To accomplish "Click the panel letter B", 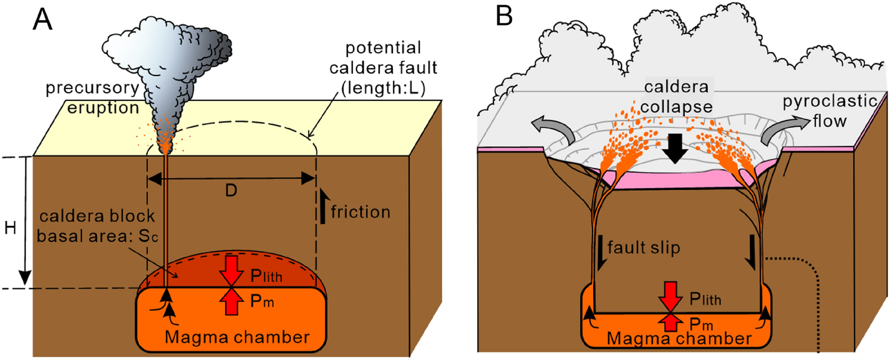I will (504, 16).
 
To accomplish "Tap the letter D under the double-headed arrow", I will (231, 191).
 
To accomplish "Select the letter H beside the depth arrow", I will (10, 228).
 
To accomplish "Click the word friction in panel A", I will (360, 212).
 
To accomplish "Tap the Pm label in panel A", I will (262, 301).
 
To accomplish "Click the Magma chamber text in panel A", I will (237, 337).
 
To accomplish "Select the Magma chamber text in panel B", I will (679, 339).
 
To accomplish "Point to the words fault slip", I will (644, 248).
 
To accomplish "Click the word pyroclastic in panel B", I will (830, 102).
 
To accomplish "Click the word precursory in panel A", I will (92, 88).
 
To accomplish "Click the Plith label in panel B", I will (705, 299).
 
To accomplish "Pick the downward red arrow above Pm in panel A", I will (231, 269).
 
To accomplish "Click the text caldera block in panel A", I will (97, 216).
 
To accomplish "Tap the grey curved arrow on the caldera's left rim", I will (551, 128).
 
